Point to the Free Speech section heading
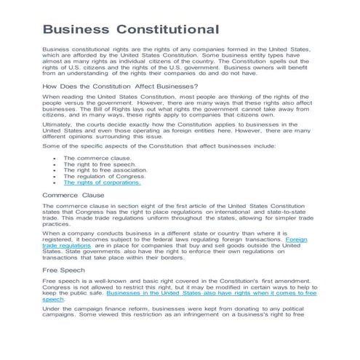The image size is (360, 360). [64, 270]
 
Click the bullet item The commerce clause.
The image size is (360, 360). [97, 158]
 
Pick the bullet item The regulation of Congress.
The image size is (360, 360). [104, 176]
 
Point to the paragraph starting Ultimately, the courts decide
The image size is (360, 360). [175, 129]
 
